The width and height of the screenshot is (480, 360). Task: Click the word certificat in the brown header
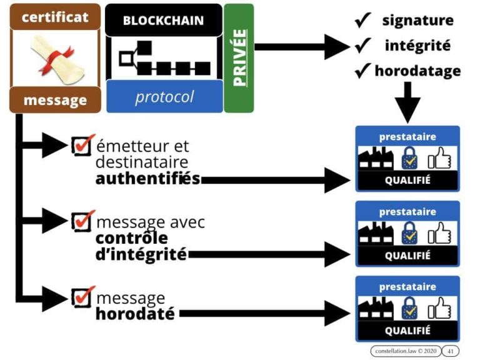[55, 16]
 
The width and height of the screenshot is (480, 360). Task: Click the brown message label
[55, 100]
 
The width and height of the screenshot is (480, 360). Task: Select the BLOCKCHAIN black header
[163, 20]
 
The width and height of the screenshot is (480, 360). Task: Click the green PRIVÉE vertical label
[239, 57]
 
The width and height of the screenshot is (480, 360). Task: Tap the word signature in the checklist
[418, 20]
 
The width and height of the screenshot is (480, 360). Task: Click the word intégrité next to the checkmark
[417, 46]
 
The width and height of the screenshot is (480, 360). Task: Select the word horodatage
[417, 71]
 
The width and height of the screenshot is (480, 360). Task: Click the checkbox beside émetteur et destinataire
[82, 145]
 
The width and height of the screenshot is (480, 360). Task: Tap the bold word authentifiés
[147, 179]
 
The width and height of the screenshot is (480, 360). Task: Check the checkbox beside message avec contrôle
[82, 221]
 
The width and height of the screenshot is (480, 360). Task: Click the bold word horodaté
[135, 313]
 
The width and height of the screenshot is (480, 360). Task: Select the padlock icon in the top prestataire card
[409, 158]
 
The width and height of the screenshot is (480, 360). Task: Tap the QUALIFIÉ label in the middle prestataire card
[407, 256]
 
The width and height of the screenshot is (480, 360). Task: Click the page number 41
[450, 351]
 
